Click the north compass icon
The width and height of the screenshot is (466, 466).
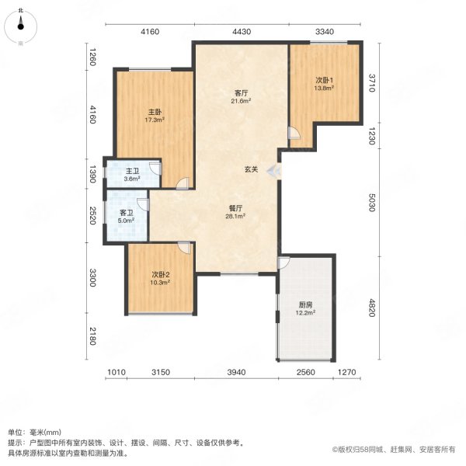point(20,26)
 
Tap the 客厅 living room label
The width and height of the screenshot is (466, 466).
point(241,93)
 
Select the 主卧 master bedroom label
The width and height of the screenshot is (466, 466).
point(155,113)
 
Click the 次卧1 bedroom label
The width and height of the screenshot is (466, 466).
point(324,80)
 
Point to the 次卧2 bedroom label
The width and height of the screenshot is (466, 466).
point(161,274)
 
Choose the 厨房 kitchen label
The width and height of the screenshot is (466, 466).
point(305,305)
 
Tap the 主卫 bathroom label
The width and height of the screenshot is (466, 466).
point(132,171)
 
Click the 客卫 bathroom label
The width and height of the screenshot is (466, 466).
point(127,213)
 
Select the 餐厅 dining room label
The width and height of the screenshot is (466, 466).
point(235,208)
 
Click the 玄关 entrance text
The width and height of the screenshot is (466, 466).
point(251,169)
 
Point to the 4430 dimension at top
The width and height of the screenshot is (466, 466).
point(242,32)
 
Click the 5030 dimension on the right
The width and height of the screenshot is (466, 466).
point(371,203)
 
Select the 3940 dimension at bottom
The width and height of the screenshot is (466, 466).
point(236,372)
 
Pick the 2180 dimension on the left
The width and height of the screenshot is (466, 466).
point(92,336)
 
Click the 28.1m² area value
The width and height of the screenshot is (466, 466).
point(235,217)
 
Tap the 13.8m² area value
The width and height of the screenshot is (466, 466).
point(324,88)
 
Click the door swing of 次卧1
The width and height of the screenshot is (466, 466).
point(295,133)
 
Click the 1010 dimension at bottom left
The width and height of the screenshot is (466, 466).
point(116,372)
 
